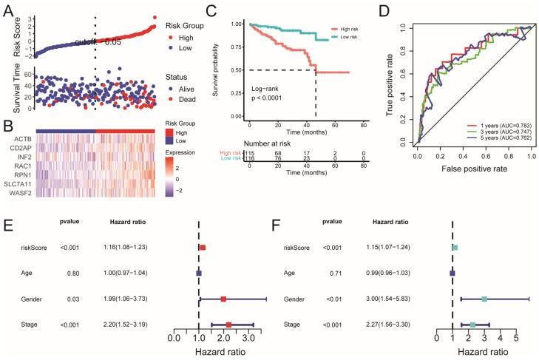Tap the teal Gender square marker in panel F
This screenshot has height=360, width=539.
coord(484,299)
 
